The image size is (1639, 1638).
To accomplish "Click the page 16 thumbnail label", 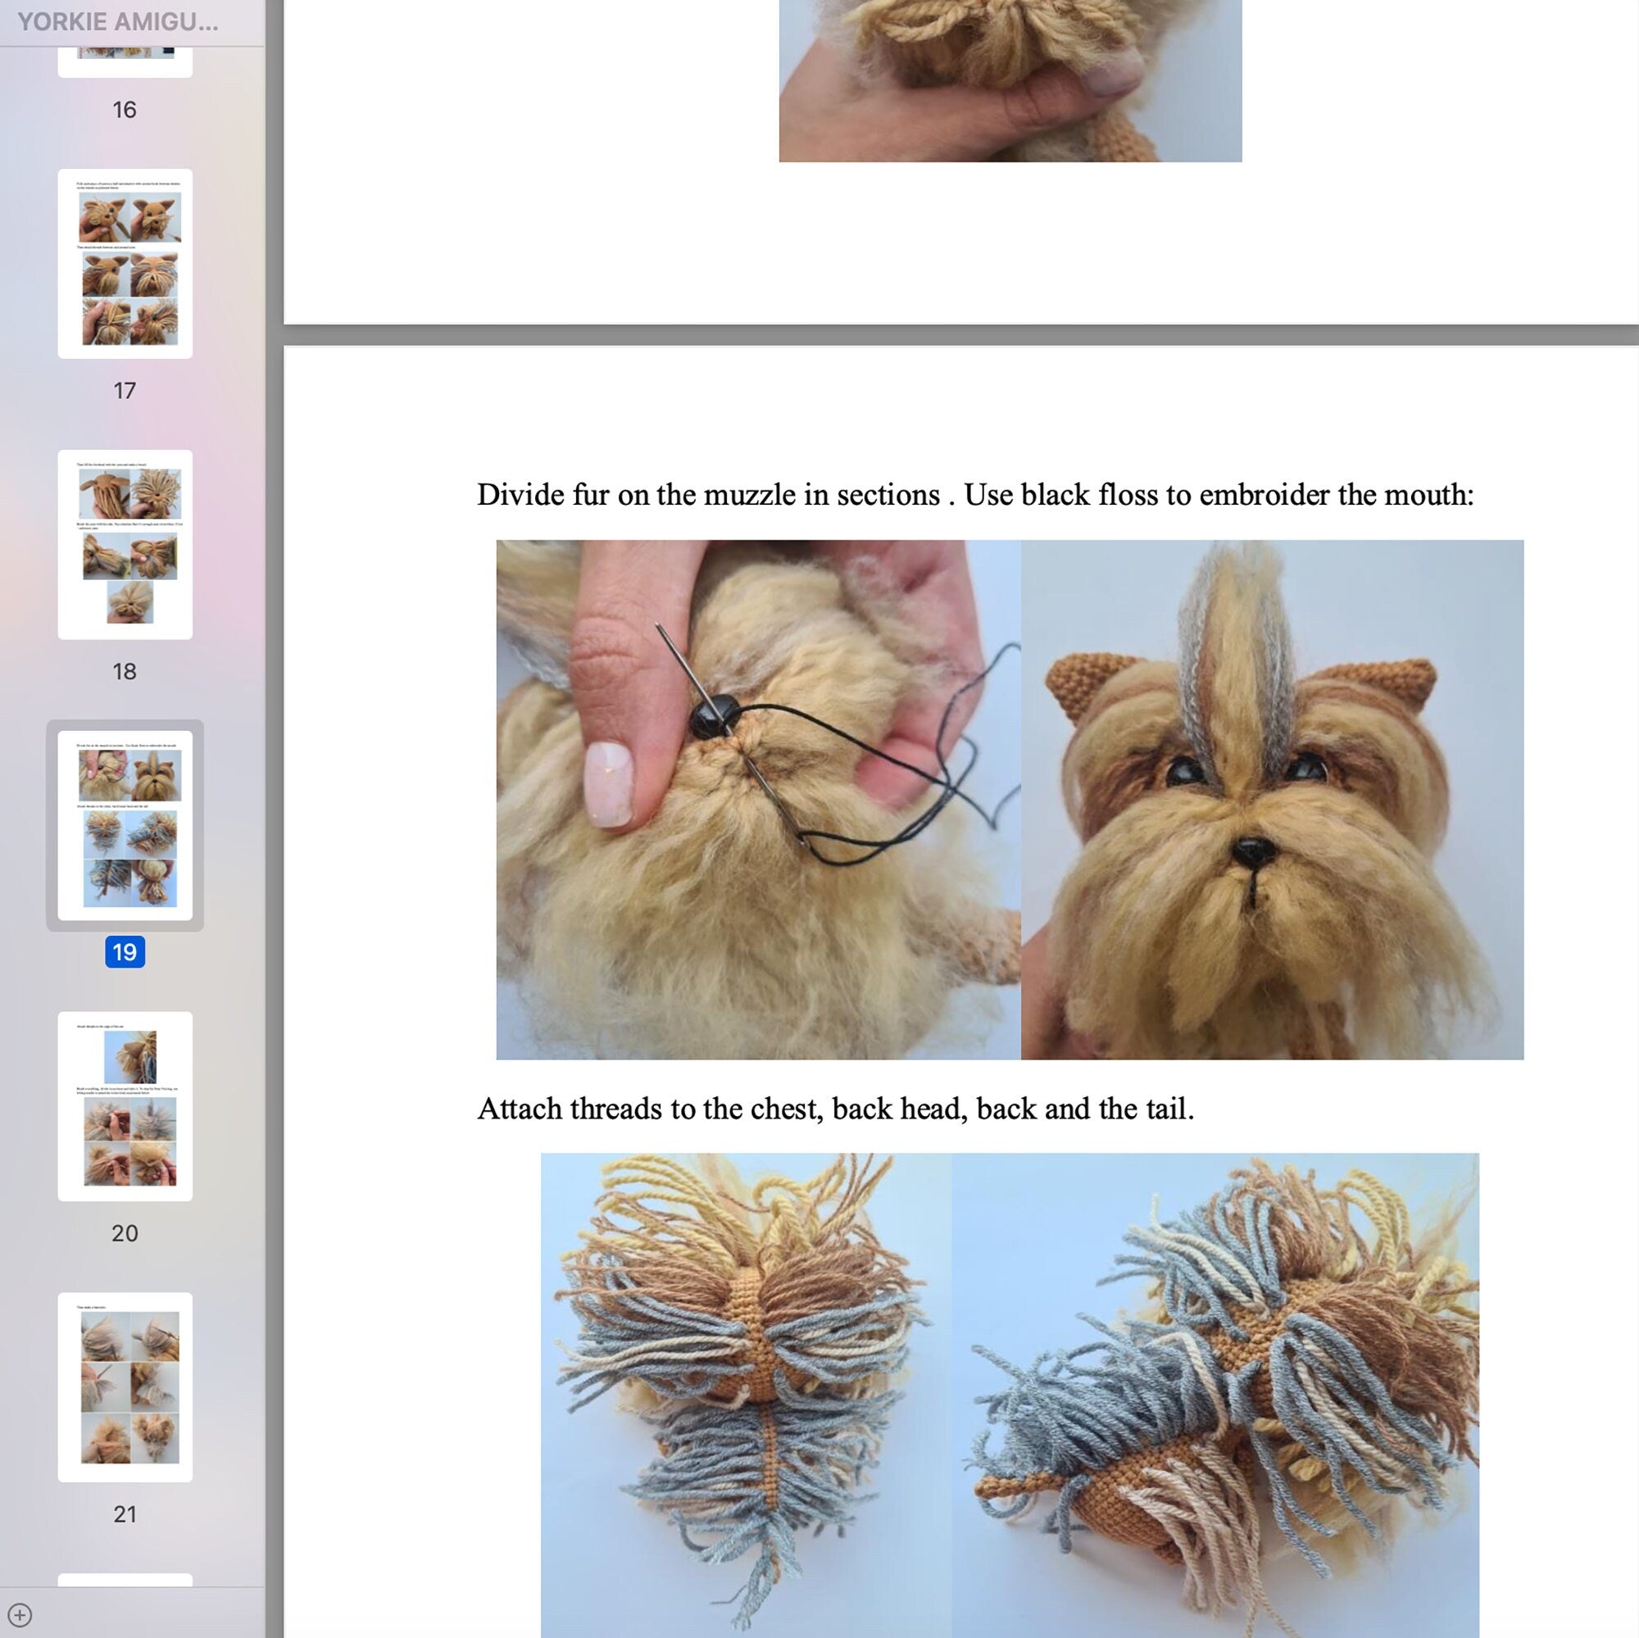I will pyautogui.click(x=124, y=110).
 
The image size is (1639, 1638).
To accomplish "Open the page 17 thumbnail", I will pyautogui.click(x=125, y=263).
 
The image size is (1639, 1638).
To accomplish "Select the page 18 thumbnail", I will pyautogui.click(x=125, y=544).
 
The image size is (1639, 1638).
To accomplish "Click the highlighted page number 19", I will pyautogui.click(x=125, y=952).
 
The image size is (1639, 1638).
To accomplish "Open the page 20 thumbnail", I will pyautogui.click(x=125, y=1105).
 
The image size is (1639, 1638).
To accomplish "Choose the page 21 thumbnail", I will pyautogui.click(x=125, y=1386).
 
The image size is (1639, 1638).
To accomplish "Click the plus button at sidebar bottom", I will pyautogui.click(x=20, y=1614).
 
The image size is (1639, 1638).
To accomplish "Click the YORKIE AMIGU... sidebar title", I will pyautogui.click(x=117, y=22).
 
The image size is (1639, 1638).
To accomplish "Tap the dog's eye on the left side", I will pyautogui.click(x=1183, y=770).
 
